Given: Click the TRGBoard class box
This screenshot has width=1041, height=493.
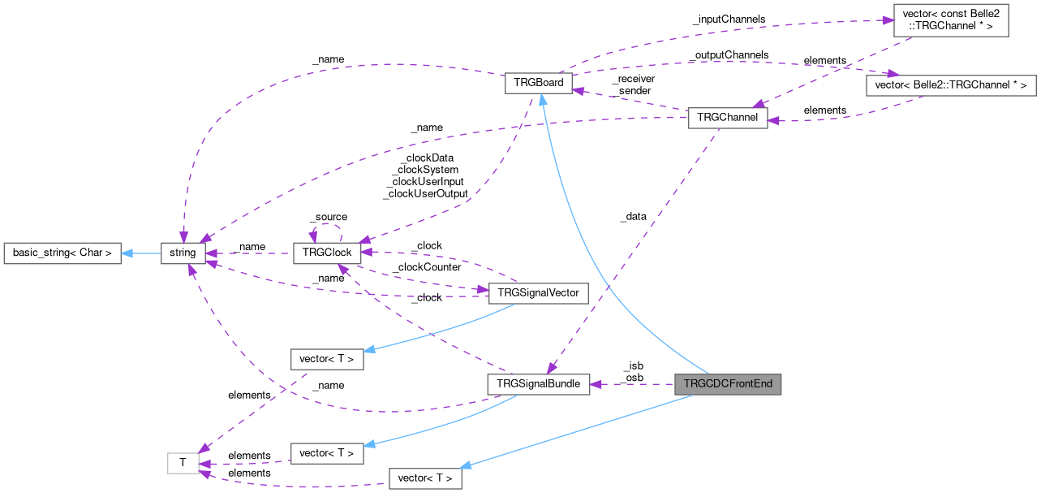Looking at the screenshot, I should pos(539,84).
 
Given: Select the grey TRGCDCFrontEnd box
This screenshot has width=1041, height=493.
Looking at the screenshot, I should pos(727,384).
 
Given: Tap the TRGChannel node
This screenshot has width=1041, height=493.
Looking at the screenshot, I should pos(727,118).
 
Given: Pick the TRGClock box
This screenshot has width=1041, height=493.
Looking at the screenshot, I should pos(326,253).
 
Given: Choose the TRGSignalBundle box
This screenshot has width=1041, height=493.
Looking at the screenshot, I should pos(538,384).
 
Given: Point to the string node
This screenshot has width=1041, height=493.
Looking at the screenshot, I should pos(183,253).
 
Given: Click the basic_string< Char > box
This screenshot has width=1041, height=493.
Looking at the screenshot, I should pos(62,253).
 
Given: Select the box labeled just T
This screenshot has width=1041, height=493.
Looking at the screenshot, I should pos(183,463).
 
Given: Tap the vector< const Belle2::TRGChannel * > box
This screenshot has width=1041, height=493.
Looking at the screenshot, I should pos(949,19).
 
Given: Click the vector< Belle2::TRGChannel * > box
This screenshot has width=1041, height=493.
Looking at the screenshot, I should pos(951,84).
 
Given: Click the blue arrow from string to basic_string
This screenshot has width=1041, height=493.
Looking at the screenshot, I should pos(141,253).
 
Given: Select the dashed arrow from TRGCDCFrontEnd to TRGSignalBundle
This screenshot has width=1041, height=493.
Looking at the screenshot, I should pos(633,384).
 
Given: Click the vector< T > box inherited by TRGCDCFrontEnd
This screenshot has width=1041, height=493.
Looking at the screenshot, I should pos(425,478).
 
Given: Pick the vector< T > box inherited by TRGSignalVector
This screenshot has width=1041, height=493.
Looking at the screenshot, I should pos(326,358).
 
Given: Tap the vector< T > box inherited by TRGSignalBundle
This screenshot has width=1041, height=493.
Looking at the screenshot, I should pos(326,452).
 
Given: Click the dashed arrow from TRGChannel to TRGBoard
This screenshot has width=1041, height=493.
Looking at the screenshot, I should pos(633,101).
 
